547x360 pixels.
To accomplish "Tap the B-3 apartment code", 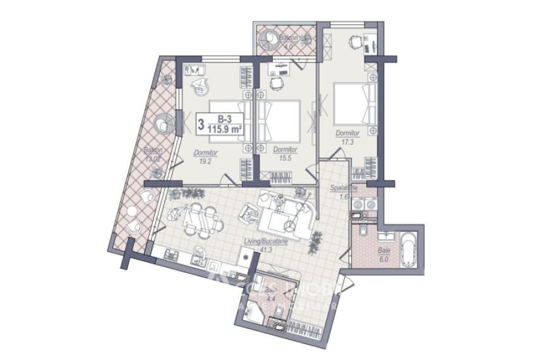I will (x=223, y=119).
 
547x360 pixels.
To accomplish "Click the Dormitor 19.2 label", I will (x=206, y=153).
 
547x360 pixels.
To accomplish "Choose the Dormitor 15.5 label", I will (x=286, y=150).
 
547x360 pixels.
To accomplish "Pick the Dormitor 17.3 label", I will (x=347, y=133).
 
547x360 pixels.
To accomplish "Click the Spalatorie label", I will (x=344, y=188).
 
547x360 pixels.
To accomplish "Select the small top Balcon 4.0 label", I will (x=272, y=38).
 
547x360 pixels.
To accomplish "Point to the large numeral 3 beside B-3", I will (x=201, y=124).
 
